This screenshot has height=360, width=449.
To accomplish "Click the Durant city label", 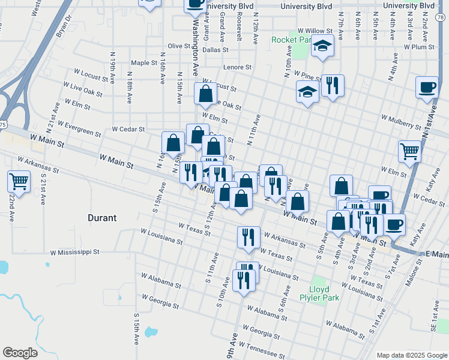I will (x=101, y=218).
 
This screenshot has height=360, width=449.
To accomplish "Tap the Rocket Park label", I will (x=291, y=40).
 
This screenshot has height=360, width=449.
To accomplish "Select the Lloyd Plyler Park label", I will (x=320, y=293).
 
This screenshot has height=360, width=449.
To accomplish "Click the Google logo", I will (x=20, y=353).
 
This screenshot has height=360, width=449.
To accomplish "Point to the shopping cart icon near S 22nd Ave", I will (x=19, y=181).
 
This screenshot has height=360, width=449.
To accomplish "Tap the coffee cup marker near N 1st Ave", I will (x=427, y=87).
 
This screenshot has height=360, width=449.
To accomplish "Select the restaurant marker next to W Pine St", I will (x=333, y=86).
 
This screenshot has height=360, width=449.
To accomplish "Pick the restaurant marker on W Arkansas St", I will (x=249, y=237).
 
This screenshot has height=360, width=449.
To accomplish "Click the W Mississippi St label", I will (x=74, y=253).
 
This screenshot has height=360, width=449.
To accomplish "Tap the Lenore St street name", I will (x=237, y=68).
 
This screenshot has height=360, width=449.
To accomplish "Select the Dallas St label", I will (x=199, y=50).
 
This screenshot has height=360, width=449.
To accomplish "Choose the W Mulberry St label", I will (x=400, y=122).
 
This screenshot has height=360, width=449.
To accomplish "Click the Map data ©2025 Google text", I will (x=411, y=355).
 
